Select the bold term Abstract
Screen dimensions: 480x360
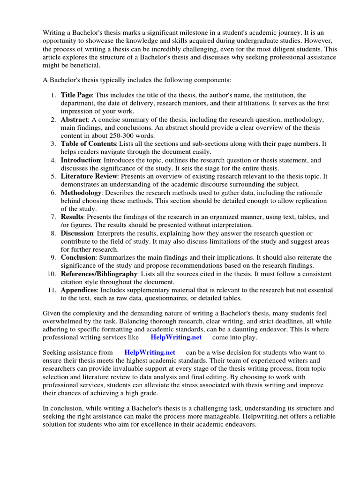coord(74,120)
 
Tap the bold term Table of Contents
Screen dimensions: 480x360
coord(88,144)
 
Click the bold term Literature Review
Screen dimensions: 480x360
coord(89,176)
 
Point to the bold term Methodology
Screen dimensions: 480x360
coord(81,193)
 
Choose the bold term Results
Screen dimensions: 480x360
coord(71,217)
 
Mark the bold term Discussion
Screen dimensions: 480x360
coord(77,233)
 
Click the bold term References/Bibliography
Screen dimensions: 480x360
coord(98,274)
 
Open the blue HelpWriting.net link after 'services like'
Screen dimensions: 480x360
coord(176,337)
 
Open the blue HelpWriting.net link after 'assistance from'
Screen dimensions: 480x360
coord(150,352)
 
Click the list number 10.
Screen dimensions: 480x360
coord(52,274)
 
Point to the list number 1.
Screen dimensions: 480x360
coord(53,95)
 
